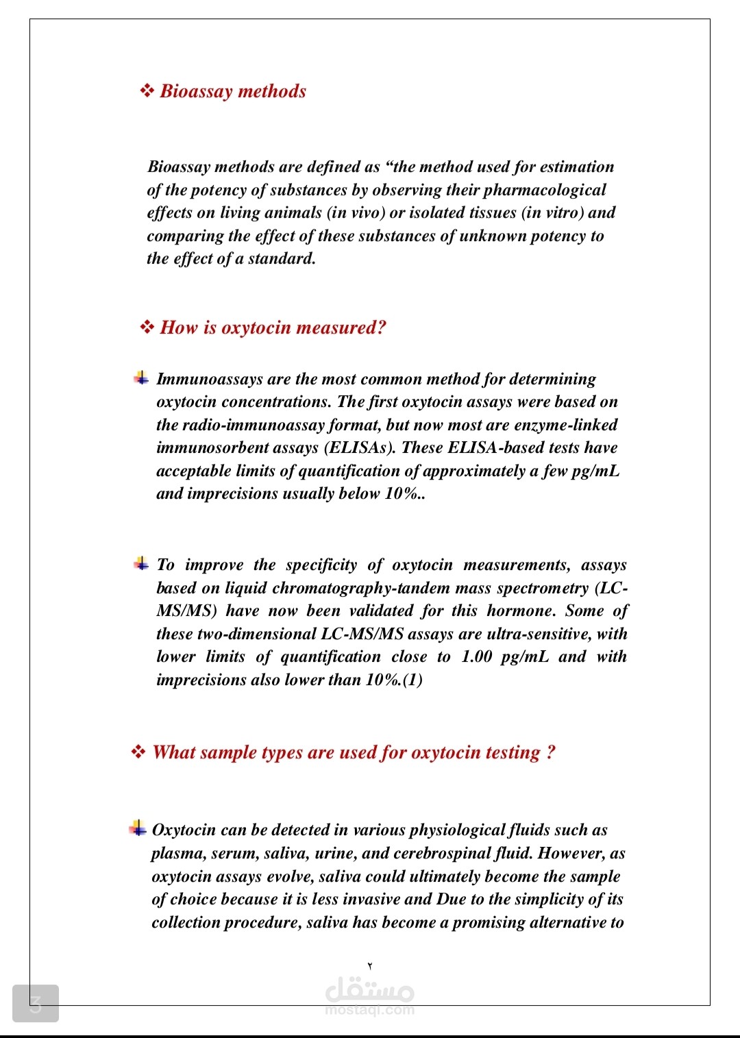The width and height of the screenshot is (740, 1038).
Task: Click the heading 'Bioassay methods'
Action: coord(233,91)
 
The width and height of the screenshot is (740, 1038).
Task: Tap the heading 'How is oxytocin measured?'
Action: coord(273,328)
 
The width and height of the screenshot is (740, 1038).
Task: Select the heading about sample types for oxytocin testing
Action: coord(354,752)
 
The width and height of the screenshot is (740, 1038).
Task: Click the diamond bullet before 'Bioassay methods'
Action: coord(147,91)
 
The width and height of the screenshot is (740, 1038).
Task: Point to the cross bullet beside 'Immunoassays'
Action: coord(141,378)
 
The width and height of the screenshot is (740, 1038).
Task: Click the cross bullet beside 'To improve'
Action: coord(141,563)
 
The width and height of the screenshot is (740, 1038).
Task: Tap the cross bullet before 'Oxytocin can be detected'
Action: coord(137,828)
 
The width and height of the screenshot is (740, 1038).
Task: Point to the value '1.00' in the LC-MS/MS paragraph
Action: coord(477,656)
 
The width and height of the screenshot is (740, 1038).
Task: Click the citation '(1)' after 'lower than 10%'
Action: coord(412,680)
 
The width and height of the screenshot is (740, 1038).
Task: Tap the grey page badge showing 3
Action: coord(36,1004)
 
